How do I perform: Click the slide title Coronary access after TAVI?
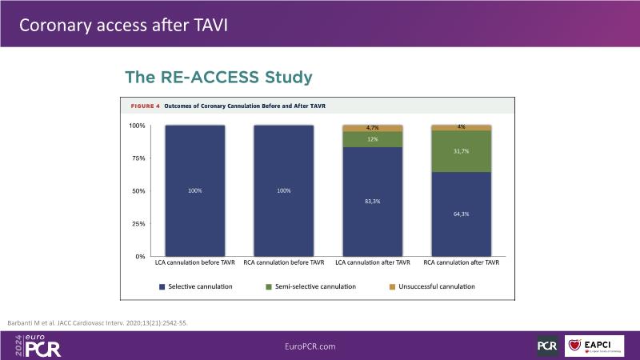123,24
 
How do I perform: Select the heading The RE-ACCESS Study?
218,78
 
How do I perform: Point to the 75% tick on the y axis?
137,158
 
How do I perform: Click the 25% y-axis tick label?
137,224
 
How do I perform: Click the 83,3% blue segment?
372,201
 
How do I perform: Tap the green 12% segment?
372,139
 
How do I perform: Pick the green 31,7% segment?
461,151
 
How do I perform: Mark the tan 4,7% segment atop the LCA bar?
372,127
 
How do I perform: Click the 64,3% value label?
461,214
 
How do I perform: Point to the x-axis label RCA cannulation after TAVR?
461,262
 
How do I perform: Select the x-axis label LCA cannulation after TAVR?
372,262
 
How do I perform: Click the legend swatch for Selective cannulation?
162,286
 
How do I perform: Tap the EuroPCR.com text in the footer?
310,346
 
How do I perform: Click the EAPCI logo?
594,346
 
